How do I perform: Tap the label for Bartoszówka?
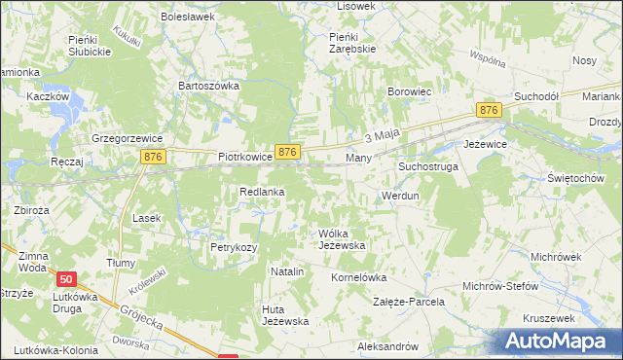pyautogui.click(x=208, y=86)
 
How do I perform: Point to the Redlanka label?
pyautogui.click(x=262, y=192)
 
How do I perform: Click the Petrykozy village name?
pyautogui.click(x=234, y=247)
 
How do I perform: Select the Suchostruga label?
pyautogui.click(x=427, y=166)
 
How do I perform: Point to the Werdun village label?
pyautogui.click(x=400, y=196)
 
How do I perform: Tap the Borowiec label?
pyautogui.click(x=410, y=91)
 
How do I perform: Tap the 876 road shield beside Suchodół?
pyautogui.click(x=489, y=111)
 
